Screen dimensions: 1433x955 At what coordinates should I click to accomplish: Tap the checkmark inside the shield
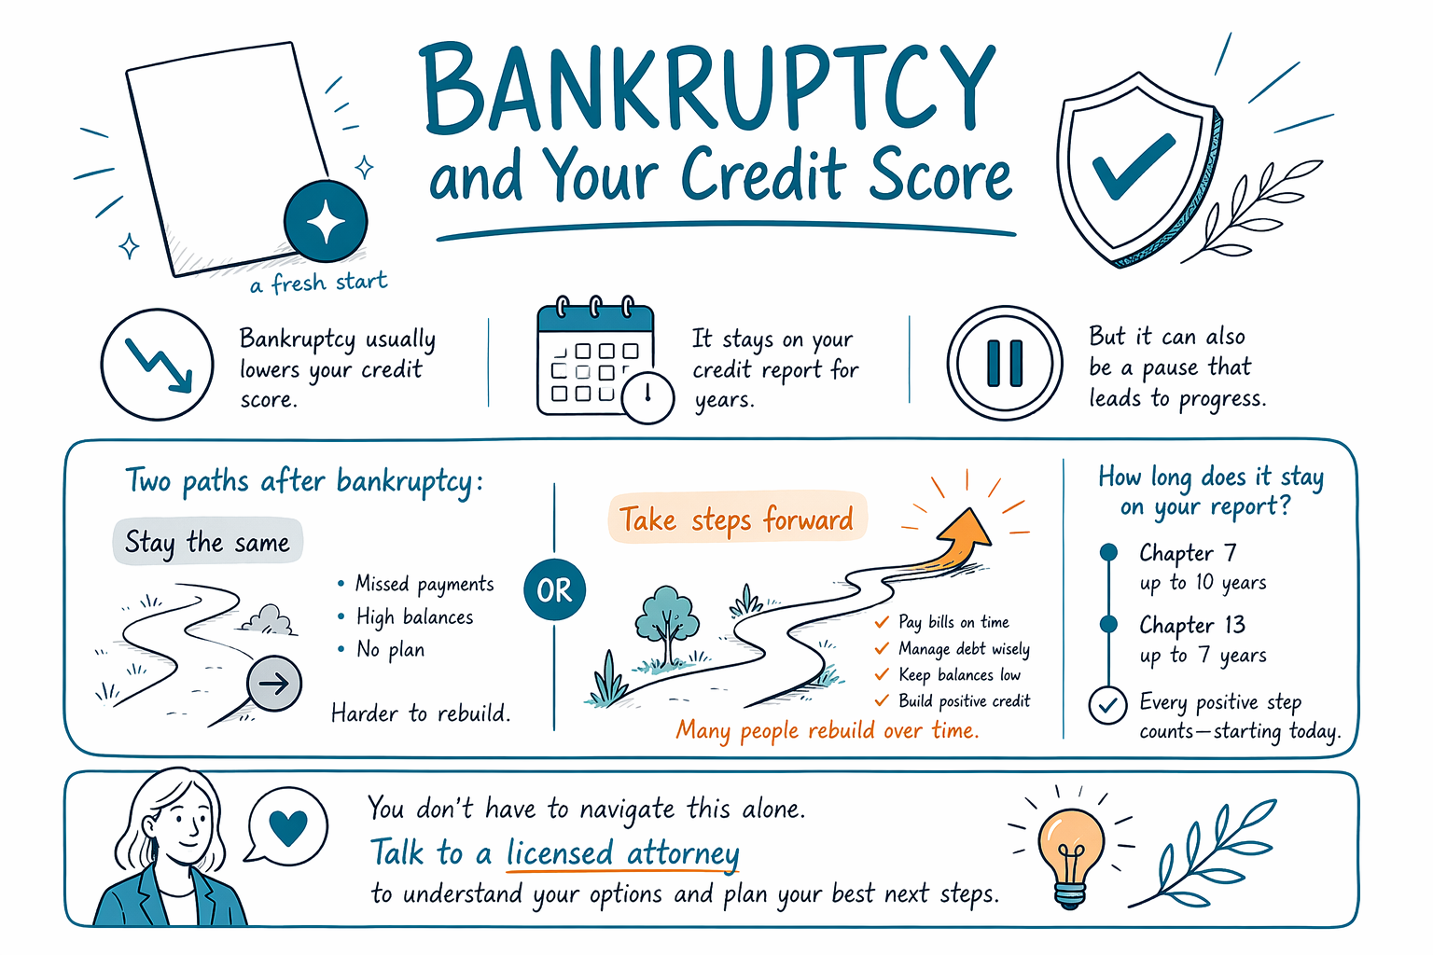coord(1133,166)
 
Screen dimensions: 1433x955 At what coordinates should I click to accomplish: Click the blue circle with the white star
coord(326,221)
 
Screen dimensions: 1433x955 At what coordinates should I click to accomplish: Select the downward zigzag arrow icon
coord(159,366)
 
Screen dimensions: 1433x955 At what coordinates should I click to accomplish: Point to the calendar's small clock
coord(648,397)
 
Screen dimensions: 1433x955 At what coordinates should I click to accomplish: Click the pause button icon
coord(1005,364)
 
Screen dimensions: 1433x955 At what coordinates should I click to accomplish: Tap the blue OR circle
coord(554,589)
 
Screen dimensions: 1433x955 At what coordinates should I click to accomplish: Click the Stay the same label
coord(207,543)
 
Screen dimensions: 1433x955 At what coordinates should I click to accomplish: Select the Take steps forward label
coord(737,519)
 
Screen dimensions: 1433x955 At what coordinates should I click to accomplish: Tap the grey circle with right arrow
coord(274,684)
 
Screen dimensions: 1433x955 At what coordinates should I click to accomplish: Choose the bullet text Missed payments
coord(424,584)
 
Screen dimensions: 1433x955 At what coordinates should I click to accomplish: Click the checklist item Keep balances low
coord(959,675)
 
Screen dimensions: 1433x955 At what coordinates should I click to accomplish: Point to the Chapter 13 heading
coord(1191,625)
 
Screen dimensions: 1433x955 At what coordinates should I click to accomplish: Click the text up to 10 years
coord(1203,583)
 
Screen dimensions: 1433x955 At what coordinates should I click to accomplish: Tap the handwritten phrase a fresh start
coord(318,283)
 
